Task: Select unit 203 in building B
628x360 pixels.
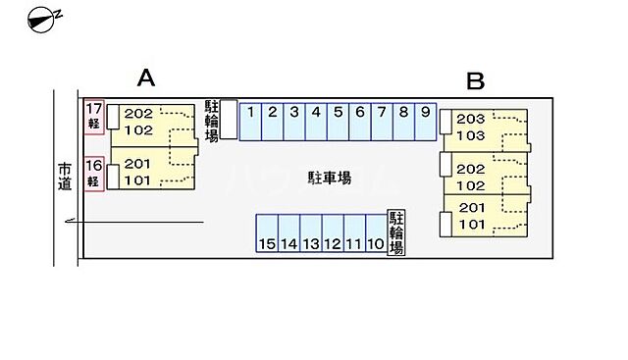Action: coord(472,119)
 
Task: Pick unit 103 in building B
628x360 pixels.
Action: coord(472,135)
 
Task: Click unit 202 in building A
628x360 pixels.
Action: coord(138,113)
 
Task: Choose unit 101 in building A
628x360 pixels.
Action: coord(138,180)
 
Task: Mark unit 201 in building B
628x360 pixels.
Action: coord(472,207)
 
